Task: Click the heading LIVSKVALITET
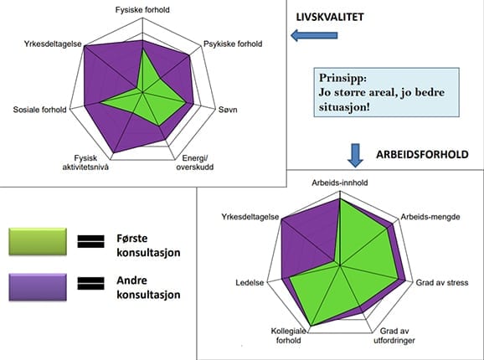(330, 17)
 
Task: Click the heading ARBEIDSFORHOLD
(422, 154)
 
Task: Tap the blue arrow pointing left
(314, 35)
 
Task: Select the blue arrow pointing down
(355, 156)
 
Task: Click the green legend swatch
(38, 242)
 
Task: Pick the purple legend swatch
(38, 287)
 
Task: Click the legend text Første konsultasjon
(148, 245)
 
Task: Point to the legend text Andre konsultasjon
(148, 287)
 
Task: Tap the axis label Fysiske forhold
(142, 10)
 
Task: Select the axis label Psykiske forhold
(233, 44)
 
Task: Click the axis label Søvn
(228, 110)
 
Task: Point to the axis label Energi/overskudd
(195, 162)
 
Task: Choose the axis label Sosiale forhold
(39, 110)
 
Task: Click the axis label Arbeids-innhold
(339, 183)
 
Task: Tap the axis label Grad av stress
(442, 283)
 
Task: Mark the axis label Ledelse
(250, 283)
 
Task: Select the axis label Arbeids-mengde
(430, 217)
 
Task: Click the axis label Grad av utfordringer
(394, 336)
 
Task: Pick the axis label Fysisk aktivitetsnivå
(85, 162)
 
